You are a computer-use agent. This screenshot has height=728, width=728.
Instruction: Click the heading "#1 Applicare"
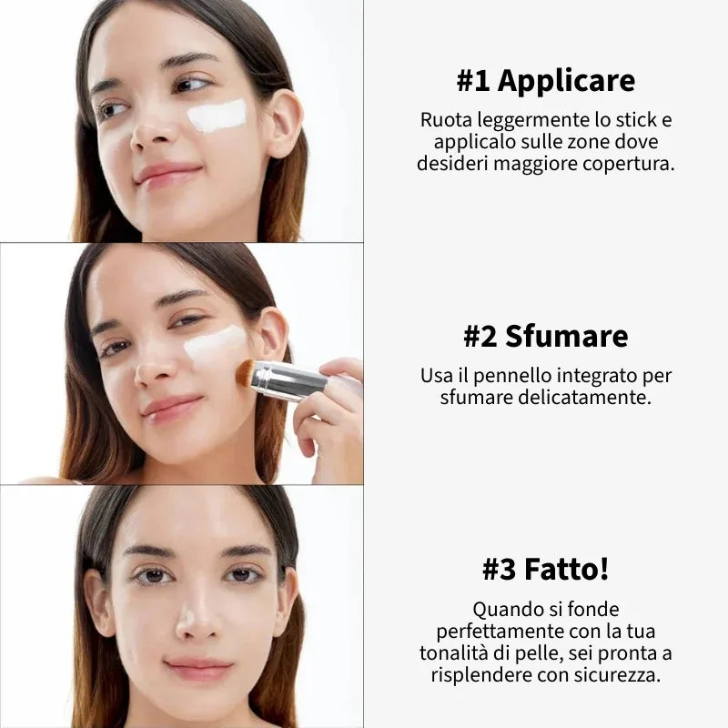(545, 82)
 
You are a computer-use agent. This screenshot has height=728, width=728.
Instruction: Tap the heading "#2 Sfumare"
(545, 336)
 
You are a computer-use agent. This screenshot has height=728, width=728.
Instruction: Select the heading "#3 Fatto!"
(545, 570)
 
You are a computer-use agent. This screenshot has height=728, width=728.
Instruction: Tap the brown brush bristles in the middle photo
(244, 371)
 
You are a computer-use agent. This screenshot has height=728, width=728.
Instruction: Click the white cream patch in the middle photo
(215, 345)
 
